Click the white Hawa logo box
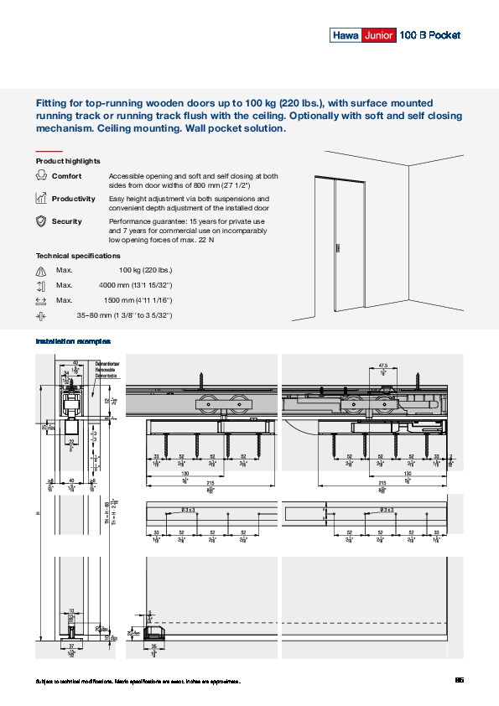click(x=345, y=35)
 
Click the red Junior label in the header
click(x=377, y=35)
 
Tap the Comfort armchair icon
click(x=41, y=176)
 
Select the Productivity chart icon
click(x=41, y=199)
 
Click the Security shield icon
click(x=41, y=221)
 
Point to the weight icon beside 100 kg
click(x=41, y=271)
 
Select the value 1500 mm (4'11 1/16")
click(x=138, y=300)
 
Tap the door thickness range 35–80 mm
click(x=124, y=315)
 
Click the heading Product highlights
click(x=68, y=161)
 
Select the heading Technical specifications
click(x=78, y=256)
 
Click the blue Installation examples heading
click(x=73, y=342)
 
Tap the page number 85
click(x=459, y=680)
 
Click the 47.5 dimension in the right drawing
click(x=382, y=366)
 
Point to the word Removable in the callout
click(x=106, y=369)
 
